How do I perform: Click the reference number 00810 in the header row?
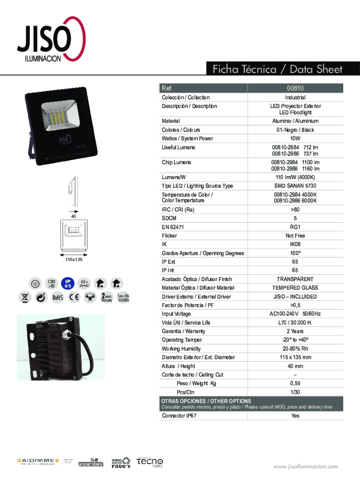pyautogui.click(x=295, y=88)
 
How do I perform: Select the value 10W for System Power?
pyautogui.click(x=295, y=138)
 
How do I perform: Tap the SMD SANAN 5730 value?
pyautogui.click(x=295, y=186)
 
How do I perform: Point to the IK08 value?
pyautogui.click(x=295, y=244)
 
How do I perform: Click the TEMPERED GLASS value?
pyautogui.click(x=295, y=288)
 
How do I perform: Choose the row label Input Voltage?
pyautogui.click(x=176, y=314)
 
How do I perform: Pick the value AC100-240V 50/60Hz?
pyautogui.click(x=295, y=314)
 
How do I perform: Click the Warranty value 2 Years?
pyautogui.click(x=295, y=331)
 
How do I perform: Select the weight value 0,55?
pyautogui.click(x=295, y=384)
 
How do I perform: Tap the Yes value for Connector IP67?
pyautogui.click(x=295, y=415)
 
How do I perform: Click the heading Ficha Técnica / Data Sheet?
pyautogui.click(x=277, y=70)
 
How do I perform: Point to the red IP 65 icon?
pyautogui.click(x=68, y=283)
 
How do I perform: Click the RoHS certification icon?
pyautogui.click(x=57, y=298)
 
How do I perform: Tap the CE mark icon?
pyautogui.click(x=74, y=298)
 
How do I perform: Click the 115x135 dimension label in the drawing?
pyautogui.click(x=73, y=259)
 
